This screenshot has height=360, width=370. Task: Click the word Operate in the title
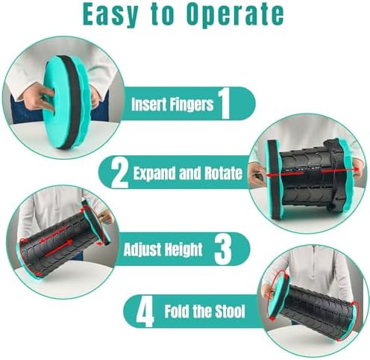[235, 14]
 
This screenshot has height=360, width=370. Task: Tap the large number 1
[225, 103]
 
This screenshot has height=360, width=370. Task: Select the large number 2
[120, 173]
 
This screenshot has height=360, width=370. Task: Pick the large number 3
[223, 249]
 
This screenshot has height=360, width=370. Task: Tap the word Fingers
[192, 105]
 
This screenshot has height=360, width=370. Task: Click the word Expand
[154, 173]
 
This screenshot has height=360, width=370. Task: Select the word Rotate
[223, 173]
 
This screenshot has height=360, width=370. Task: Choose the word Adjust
[141, 249]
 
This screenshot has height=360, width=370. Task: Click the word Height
[183, 249]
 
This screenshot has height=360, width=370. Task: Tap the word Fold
[177, 311]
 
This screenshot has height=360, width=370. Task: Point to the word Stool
[231, 311]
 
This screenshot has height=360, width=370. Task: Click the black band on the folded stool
[71, 102]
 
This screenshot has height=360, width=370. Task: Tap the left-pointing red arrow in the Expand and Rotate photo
[285, 175]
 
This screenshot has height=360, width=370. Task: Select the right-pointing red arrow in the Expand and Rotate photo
[340, 170]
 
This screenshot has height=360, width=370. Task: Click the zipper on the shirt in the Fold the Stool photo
[315, 263]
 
